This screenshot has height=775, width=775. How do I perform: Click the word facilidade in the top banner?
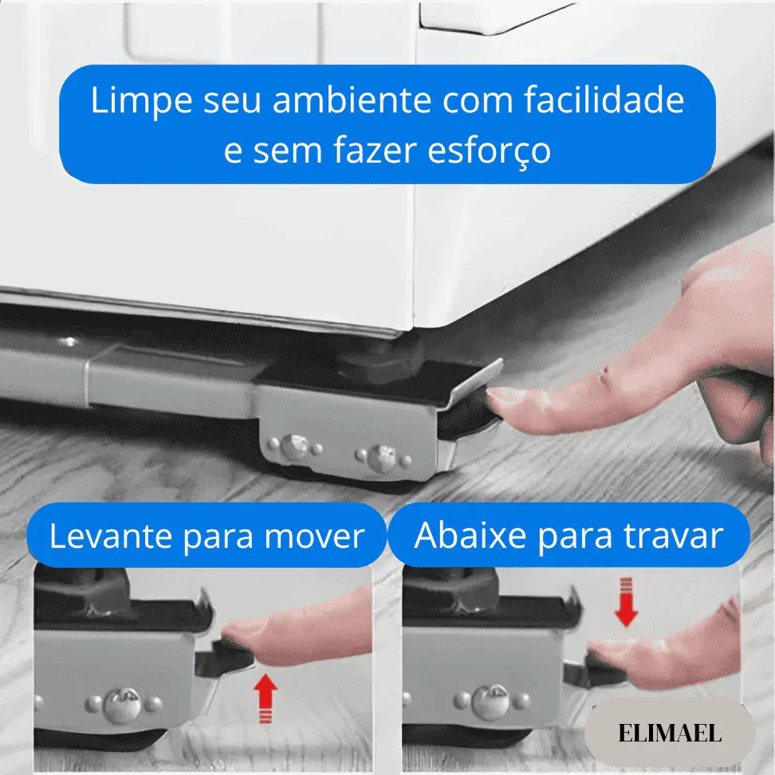pos(604,101)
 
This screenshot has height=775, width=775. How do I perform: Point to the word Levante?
pos(111,537)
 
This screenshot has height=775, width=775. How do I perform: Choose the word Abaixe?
pos(470,537)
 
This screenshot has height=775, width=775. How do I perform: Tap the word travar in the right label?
pos(675,537)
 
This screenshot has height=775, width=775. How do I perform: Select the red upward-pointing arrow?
pos(266,698)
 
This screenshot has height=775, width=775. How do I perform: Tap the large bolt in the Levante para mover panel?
pos(124,704)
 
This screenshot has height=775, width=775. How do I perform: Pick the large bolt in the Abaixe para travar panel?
pos(489,701)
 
